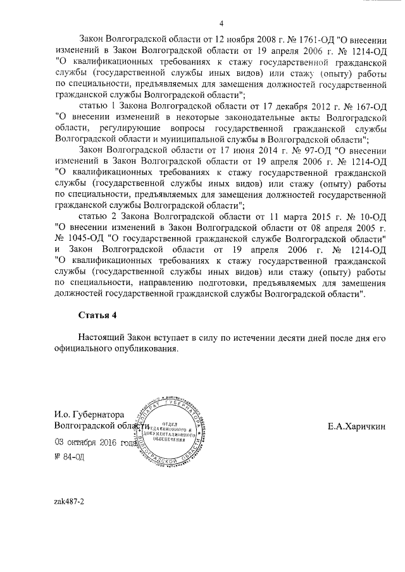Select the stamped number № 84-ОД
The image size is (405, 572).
(x=69, y=456)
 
